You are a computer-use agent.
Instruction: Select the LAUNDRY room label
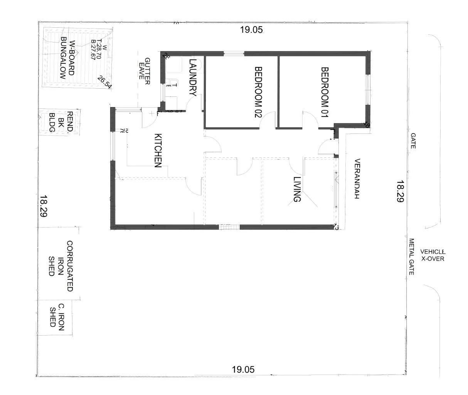(193, 78)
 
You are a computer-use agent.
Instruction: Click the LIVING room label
(296, 189)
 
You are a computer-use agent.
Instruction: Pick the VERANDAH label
(357, 179)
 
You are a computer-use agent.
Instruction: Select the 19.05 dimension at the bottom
(243, 370)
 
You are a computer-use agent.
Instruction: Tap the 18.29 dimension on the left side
(43, 206)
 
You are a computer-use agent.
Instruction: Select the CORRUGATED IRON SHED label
(60, 266)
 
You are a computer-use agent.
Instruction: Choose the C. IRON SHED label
(57, 314)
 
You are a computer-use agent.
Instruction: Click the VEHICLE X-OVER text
(432, 255)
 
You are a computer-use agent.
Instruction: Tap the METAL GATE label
(411, 256)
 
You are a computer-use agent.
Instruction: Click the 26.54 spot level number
(104, 82)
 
